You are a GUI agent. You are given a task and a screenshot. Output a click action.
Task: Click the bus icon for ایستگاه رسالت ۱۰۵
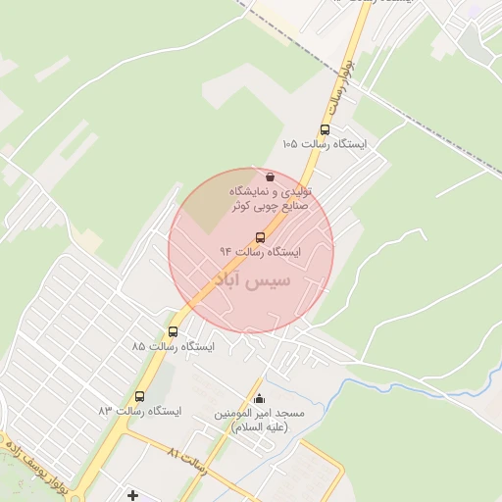click(x=325, y=129)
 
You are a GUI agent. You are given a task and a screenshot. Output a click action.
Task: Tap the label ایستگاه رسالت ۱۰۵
click(x=324, y=144)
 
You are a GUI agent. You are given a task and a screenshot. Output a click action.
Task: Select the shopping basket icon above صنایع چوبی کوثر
click(x=270, y=176)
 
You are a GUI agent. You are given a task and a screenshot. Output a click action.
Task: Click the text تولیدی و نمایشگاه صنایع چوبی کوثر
click(x=270, y=199)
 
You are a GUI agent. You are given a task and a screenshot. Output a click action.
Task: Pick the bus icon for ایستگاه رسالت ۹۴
click(x=260, y=237)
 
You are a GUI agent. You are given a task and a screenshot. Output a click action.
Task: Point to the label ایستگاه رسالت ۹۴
click(x=260, y=252)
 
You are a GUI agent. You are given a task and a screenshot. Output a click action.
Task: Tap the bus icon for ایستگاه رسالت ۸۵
click(x=174, y=332)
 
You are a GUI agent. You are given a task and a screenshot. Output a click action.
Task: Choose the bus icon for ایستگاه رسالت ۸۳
click(x=139, y=396)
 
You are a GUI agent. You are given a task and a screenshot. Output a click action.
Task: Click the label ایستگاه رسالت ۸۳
click(x=139, y=411)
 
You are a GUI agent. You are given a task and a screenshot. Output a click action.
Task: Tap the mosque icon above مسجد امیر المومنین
click(x=260, y=398)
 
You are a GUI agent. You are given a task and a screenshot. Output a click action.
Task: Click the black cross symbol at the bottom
click(x=133, y=495)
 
